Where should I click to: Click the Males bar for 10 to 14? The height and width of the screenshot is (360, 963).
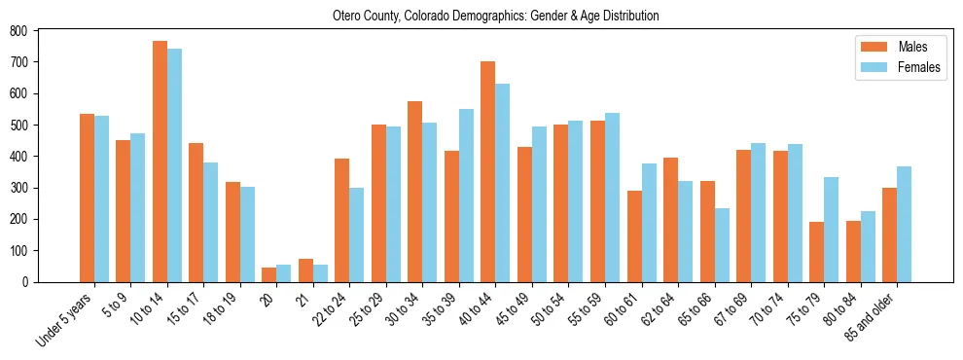tap(160, 162)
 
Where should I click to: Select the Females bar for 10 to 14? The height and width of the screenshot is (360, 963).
tap(174, 165)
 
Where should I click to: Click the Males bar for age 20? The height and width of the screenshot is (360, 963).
tap(269, 274)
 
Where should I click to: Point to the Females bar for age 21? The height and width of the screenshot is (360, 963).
tap(320, 273)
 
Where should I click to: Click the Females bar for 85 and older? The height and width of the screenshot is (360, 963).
tap(904, 224)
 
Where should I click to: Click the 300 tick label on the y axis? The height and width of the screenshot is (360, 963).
tap(27, 188)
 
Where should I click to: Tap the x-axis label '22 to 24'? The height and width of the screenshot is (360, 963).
tap(332, 309)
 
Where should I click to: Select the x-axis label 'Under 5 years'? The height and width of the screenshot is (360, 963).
tap(66, 319)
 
